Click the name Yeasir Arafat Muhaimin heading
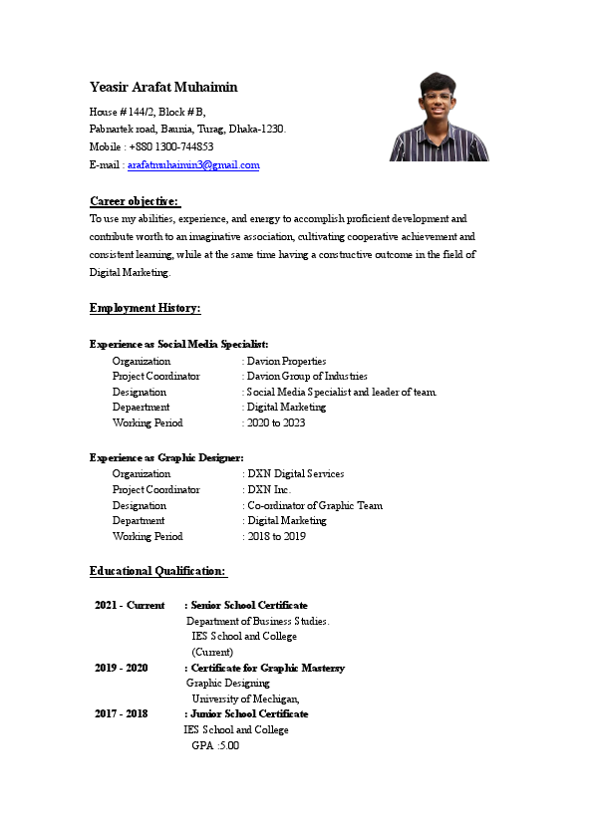click(163, 88)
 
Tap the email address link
click(193, 165)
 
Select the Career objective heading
click(135, 201)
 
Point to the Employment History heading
click(145, 308)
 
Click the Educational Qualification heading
click(157, 571)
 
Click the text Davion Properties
click(286, 361)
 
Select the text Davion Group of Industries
click(307, 377)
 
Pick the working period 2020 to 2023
click(276, 422)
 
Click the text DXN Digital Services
click(295, 474)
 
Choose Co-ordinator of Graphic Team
click(315, 505)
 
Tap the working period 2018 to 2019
click(276, 536)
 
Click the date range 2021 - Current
click(130, 605)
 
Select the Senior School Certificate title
click(249, 605)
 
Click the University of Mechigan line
click(245, 699)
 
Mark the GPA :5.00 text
click(215, 745)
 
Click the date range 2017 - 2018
click(122, 714)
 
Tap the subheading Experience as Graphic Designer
click(166, 457)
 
